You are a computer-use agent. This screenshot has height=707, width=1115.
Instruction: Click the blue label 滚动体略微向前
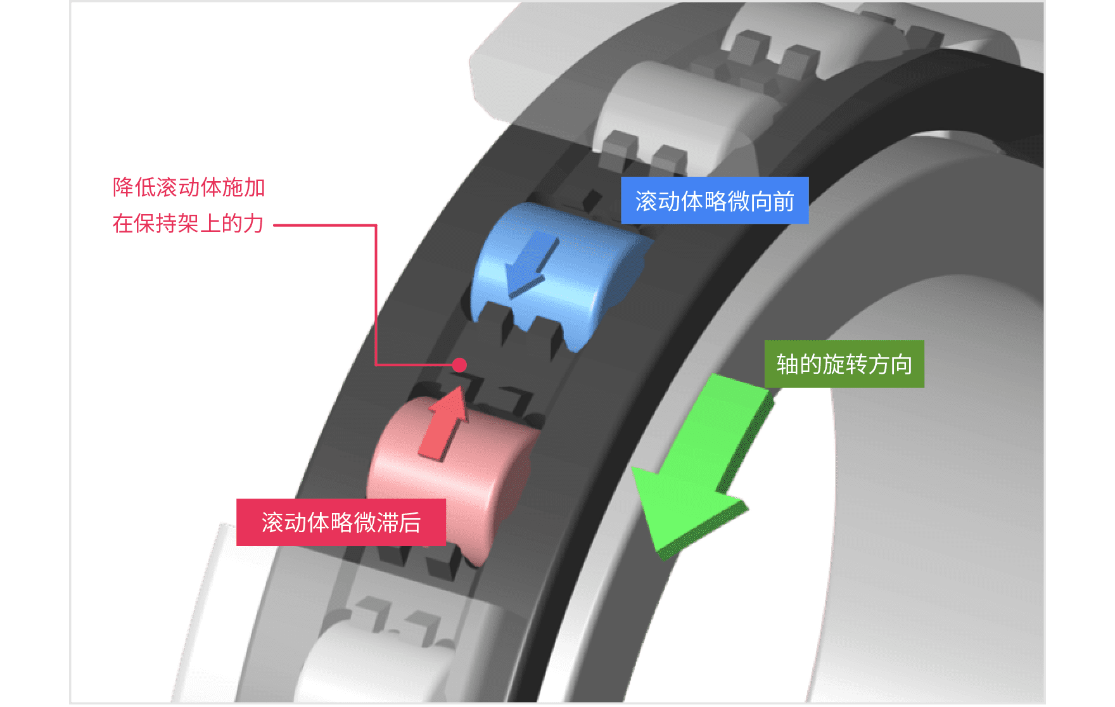pos(715,201)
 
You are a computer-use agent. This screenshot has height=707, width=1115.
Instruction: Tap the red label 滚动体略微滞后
pos(341,523)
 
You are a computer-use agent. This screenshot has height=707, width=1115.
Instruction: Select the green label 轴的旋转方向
pos(844,364)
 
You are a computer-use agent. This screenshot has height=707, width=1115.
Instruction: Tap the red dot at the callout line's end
pos(460,365)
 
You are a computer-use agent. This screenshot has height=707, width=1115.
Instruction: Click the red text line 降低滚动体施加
pos(189,188)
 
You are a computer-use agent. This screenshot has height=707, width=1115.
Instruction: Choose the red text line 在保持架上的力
pos(188,224)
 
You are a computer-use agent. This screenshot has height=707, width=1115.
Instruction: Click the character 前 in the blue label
pos(783,201)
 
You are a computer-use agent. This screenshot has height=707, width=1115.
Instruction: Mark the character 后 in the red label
pos(410,523)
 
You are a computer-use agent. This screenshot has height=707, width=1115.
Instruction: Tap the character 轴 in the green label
pos(787,365)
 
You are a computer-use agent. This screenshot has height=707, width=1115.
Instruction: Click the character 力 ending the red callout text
pos(253,224)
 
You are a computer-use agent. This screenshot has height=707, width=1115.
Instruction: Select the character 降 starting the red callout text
pos(123,188)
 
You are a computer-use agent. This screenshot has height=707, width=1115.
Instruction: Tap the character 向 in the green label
pos(901,365)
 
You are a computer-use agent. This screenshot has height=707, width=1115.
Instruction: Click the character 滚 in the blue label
pos(646,201)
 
